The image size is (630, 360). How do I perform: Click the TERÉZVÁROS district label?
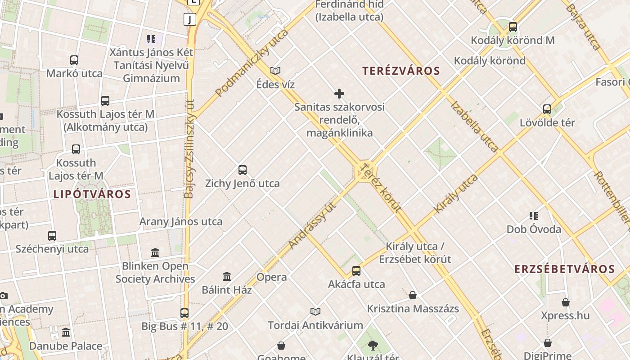401,71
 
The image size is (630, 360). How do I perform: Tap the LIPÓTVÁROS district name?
92,194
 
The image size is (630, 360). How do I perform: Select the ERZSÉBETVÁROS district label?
564,269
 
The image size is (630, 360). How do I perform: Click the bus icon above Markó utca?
74,60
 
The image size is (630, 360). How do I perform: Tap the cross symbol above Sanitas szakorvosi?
339,94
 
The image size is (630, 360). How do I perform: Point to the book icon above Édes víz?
275,71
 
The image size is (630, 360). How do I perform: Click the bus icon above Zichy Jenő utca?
243,170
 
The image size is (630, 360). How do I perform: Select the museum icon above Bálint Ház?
227,276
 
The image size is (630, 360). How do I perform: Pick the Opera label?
272,277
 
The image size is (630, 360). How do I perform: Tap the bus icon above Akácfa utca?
356,271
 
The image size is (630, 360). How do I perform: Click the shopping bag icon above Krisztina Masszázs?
413,295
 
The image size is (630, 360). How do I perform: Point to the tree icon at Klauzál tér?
373,346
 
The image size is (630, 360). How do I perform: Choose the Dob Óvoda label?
534,229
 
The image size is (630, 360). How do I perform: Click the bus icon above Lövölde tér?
547,109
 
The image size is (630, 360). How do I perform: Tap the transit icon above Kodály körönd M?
513,27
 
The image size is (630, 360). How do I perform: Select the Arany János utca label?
181,221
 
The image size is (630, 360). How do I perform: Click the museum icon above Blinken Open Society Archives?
155,252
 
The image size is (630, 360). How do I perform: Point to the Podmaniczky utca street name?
252,63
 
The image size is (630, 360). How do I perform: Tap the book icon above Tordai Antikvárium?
315,311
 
